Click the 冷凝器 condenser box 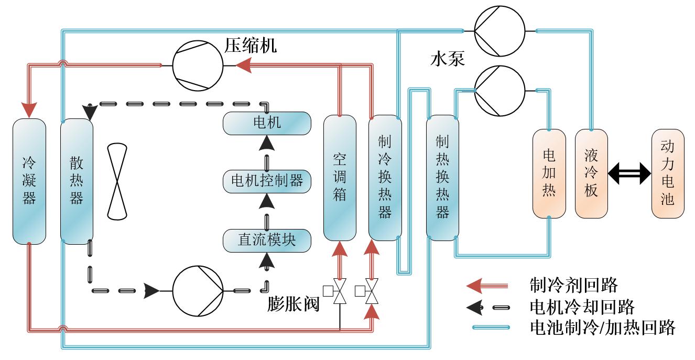click(29, 181)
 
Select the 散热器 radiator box click(77, 181)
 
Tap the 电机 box click(267, 123)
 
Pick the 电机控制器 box click(267, 181)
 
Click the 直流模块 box click(267, 240)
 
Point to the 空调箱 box click(340, 178)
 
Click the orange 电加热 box click(549, 173)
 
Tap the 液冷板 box click(591, 173)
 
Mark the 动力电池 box click(668, 173)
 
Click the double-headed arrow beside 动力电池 click(628, 173)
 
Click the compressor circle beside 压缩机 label click(198, 66)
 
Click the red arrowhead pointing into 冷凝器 click(29, 110)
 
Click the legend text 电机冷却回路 click(582, 307)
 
